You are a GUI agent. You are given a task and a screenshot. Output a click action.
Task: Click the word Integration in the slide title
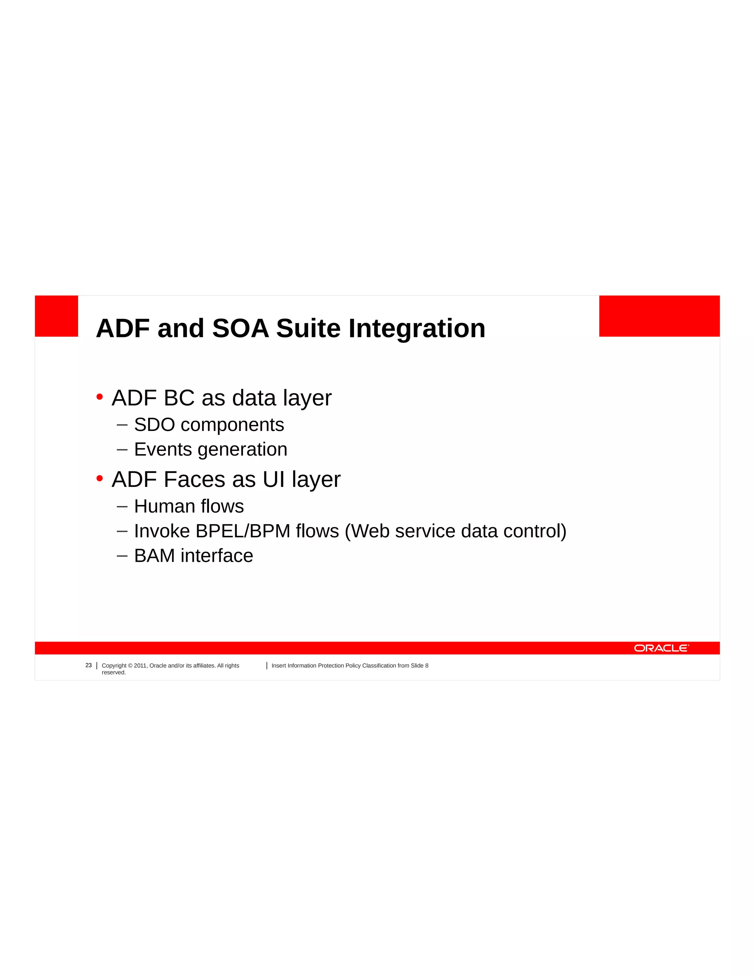click(x=417, y=329)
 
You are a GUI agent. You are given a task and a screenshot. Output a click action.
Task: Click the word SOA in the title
click(x=240, y=329)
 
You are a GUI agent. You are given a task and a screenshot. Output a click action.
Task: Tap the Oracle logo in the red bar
click(x=661, y=648)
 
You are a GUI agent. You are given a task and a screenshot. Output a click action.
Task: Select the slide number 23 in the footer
click(x=88, y=666)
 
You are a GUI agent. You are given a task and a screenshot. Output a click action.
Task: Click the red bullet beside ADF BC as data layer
click(x=100, y=397)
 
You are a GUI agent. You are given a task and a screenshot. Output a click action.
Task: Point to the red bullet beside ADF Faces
click(x=100, y=479)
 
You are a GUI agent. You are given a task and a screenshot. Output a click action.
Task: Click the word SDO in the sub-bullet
click(x=154, y=425)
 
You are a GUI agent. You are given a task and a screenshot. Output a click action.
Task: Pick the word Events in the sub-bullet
click(x=163, y=450)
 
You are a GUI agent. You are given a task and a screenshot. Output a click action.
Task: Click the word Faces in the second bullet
click(x=195, y=480)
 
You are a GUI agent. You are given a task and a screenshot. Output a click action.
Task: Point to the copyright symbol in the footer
click(x=130, y=666)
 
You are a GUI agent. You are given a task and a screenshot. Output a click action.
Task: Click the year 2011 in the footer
click(x=140, y=666)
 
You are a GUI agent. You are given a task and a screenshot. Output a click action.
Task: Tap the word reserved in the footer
click(x=114, y=673)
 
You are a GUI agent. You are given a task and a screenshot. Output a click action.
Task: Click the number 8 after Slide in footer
click(x=427, y=666)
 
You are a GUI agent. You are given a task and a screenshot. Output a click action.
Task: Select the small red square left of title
click(x=56, y=316)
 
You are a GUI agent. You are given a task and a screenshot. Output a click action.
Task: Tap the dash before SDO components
click(x=122, y=425)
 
